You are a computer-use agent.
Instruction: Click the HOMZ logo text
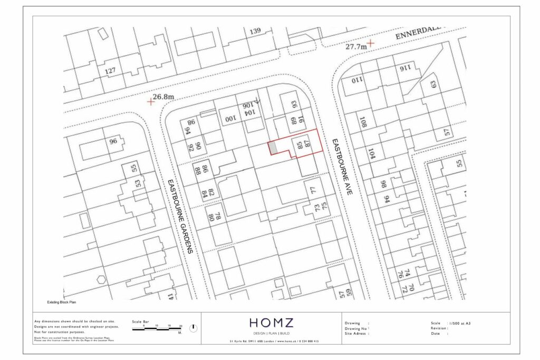coord(271,323)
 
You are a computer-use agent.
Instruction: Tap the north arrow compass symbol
coord(193,328)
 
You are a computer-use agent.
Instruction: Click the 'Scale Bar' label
coord(140,321)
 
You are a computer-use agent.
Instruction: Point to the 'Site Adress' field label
coord(356,334)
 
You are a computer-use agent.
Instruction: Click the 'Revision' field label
coord(439,328)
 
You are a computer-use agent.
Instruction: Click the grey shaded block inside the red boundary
coord(273,148)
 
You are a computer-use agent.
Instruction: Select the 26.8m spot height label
coord(163,97)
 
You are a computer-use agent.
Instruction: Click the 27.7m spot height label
coord(356,46)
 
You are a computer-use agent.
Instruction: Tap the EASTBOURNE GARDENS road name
coord(179,217)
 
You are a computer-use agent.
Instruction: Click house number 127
coord(110,71)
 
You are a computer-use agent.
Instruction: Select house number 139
coord(255,32)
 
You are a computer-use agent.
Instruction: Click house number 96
coord(113,141)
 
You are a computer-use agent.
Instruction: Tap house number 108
coord(363,124)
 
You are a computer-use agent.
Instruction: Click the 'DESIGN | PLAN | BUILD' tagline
coord(271,333)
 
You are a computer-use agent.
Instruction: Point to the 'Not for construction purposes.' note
coord(59,333)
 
